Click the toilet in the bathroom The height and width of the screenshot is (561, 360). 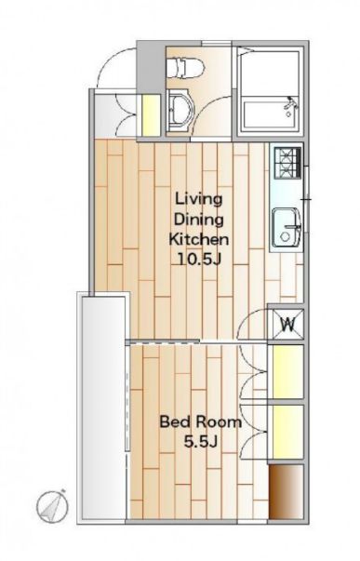[185, 68]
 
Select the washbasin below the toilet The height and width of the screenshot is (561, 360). [180, 111]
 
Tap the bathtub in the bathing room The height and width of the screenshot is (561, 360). [271, 115]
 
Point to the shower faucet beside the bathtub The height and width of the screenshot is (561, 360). [290, 106]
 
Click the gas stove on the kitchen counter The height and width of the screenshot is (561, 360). [287, 163]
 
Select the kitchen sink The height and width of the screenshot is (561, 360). [287, 228]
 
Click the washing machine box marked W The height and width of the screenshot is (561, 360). [288, 325]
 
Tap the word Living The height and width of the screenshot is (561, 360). [198, 200]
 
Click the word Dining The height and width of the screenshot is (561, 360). [199, 220]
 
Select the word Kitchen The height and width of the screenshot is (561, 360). [199, 239]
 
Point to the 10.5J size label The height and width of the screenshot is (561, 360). [199, 259]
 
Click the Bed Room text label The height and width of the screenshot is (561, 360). [200, 422]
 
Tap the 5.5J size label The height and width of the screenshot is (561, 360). [200, 442]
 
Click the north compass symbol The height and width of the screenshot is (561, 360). [53, 506]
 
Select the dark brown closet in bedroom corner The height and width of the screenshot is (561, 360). [287, 491]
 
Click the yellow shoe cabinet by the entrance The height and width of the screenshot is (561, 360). [151, 115]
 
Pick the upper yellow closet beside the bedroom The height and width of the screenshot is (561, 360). [288, 372]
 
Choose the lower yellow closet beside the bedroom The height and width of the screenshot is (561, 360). [288, 432]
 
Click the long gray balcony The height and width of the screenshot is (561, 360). [104, 408]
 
